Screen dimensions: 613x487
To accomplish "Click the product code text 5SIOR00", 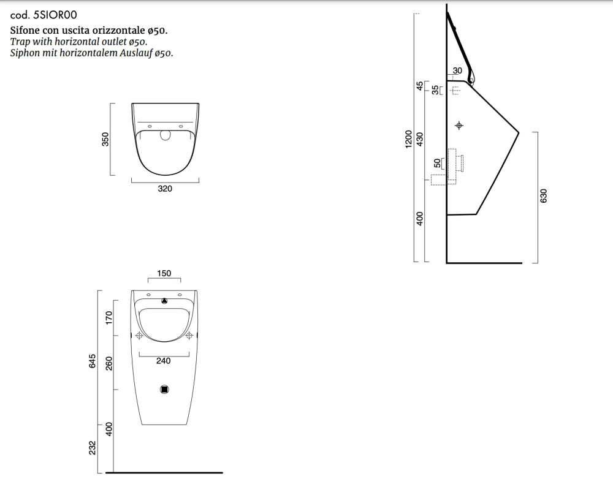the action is [56, 15].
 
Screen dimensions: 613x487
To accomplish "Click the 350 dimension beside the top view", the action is [105, 140].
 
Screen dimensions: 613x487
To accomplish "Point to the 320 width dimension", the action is [165, 189].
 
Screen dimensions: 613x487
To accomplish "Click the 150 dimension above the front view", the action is [164, 273].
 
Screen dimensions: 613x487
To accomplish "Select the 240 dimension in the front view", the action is [164, 361].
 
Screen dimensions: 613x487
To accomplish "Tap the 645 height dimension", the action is [93, 361].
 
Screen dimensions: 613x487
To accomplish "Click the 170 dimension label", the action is [109, 317].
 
